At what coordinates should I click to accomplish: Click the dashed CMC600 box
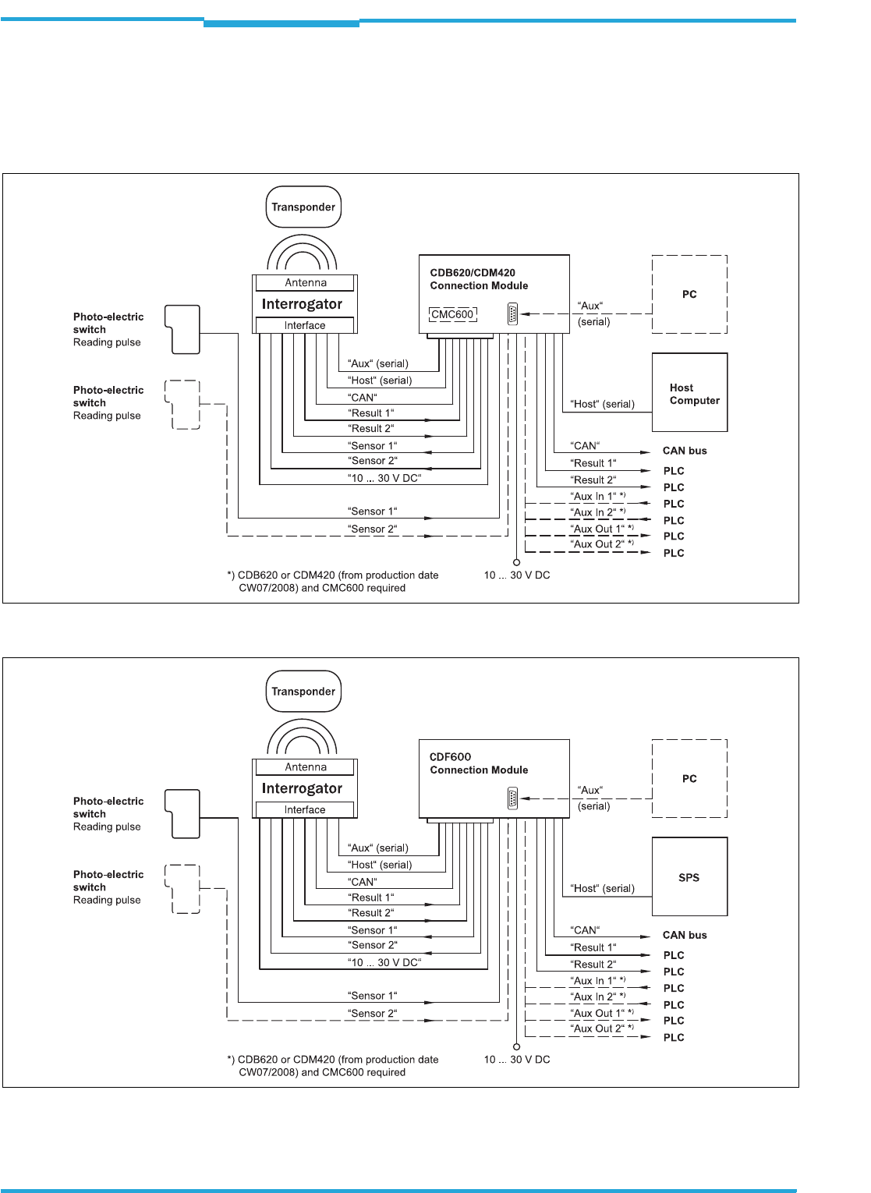453,314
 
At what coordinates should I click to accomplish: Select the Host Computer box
689,392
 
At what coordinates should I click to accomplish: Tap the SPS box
689,876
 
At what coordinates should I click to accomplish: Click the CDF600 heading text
450,756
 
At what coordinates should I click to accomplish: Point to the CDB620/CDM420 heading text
473,273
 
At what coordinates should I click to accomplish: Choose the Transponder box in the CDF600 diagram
303,692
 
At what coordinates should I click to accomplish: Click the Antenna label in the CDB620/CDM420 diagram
306,283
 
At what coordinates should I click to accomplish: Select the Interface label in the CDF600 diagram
305,810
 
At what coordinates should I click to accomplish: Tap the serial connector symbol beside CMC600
512,314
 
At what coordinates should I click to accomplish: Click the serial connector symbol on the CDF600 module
512,798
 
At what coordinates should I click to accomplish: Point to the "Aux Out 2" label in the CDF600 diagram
599,1029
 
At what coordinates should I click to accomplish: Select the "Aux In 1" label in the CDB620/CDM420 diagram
595,497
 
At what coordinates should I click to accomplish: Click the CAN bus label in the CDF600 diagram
685,935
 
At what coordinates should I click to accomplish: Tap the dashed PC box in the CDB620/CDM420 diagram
689,295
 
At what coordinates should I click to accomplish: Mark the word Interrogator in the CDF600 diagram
302,788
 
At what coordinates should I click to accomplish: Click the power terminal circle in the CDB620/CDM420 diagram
516,562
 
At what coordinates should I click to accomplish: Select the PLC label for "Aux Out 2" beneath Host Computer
674,553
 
